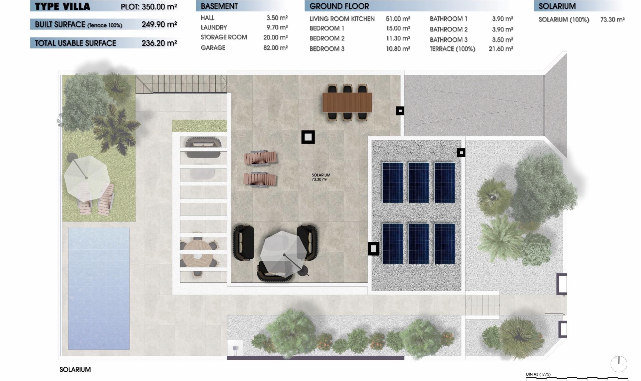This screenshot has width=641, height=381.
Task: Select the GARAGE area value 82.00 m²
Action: click(x=275, y=48)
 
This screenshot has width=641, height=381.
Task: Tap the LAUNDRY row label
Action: click(x=214, y=27)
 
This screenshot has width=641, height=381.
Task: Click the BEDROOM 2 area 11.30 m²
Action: click(x=398, y=38)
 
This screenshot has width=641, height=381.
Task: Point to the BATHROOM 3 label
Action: click(x=448, y=40)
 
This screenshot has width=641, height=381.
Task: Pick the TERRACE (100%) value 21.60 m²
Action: click(x=500, y=49)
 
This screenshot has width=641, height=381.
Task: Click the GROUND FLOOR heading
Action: click(x=339, y=6)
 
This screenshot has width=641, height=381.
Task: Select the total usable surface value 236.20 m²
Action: click(x=159, y=43)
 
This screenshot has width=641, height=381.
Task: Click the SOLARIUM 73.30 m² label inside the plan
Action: click(x=320, y=177)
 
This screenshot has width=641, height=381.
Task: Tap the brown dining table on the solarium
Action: click(x=347, y=103)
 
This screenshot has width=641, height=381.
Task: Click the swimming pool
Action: click(x=99, y=288)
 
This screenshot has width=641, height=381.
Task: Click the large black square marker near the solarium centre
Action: click(x=308, y=137)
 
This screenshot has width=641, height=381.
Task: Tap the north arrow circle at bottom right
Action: click(x=619, y=364)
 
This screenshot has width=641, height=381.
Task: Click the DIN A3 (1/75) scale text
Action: click(x=538, y=374)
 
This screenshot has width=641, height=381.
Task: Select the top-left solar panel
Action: click(x=392, y=182)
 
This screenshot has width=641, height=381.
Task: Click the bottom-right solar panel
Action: click(x=444, y=244)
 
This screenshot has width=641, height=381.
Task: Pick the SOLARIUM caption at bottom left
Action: click(x=75, y=370)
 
